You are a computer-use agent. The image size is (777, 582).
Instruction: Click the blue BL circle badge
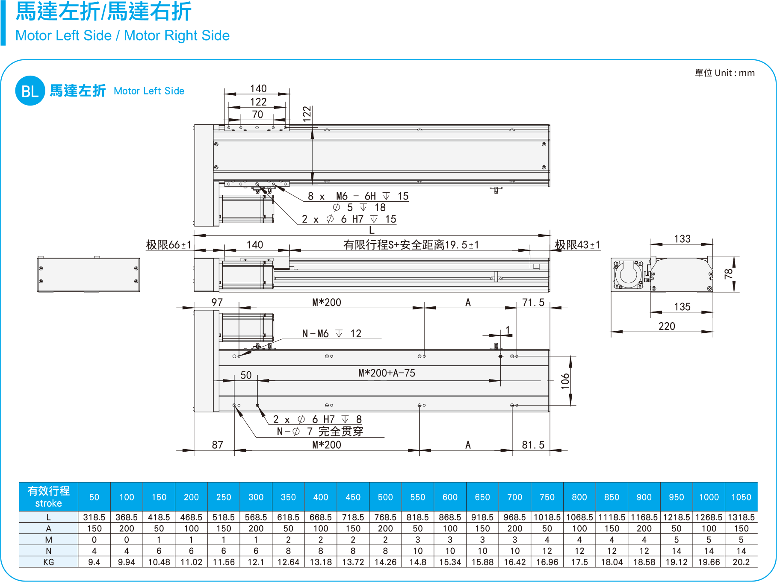(30, 91)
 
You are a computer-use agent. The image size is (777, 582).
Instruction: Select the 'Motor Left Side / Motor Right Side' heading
(123, 35)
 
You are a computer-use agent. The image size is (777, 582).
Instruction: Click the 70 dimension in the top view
(257, 115)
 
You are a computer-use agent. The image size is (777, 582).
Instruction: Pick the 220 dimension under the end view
(666, 326)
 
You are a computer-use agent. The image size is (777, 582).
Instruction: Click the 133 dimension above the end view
(682, 239)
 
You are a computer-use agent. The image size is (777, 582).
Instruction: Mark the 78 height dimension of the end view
(729, 274)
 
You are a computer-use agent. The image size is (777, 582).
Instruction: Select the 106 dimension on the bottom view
(565, 381)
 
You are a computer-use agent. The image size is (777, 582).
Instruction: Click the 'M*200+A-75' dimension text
(387, 373)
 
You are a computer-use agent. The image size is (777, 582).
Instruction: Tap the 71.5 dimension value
(533, 303)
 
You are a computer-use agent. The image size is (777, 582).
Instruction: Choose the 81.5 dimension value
(533, 445)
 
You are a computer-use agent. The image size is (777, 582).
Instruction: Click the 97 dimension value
(217, 303)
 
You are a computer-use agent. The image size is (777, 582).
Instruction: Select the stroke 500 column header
(385, 497)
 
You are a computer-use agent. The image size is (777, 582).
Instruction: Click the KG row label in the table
(49, 562)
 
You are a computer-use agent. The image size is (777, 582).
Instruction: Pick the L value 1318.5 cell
(741, 517)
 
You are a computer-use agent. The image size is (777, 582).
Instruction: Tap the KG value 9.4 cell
(94, 562)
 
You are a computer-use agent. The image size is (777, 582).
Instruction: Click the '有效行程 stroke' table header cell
(49, 497)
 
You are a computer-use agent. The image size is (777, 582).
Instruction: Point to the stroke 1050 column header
(741, 497)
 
